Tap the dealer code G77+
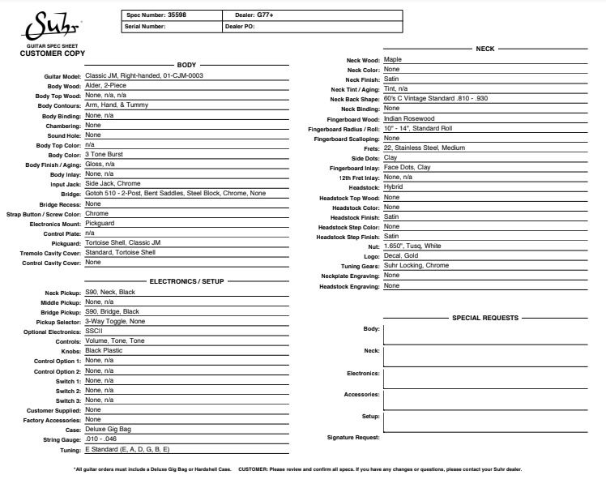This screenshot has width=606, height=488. [x=266, y=15]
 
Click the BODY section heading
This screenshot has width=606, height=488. [x=186, y=64]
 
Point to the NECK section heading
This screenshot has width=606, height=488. [x=484, y=49]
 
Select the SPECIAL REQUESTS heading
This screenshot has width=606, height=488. [x=484, y=319]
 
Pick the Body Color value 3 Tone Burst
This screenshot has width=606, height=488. [x=104, y=154]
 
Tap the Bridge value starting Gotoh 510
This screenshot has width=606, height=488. [x=175, y=194]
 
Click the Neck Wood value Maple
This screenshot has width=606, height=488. [x=393, y=59]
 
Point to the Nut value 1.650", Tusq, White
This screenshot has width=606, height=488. [x=412, y=246]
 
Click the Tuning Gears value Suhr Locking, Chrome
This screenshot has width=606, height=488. [x=416, y=265]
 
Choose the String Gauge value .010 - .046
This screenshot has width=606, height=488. [x=102, y=439]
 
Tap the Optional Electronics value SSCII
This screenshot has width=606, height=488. [x=94, y=331]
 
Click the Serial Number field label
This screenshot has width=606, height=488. [x=146, y=27]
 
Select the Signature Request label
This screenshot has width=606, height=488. [x=353, y=438]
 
